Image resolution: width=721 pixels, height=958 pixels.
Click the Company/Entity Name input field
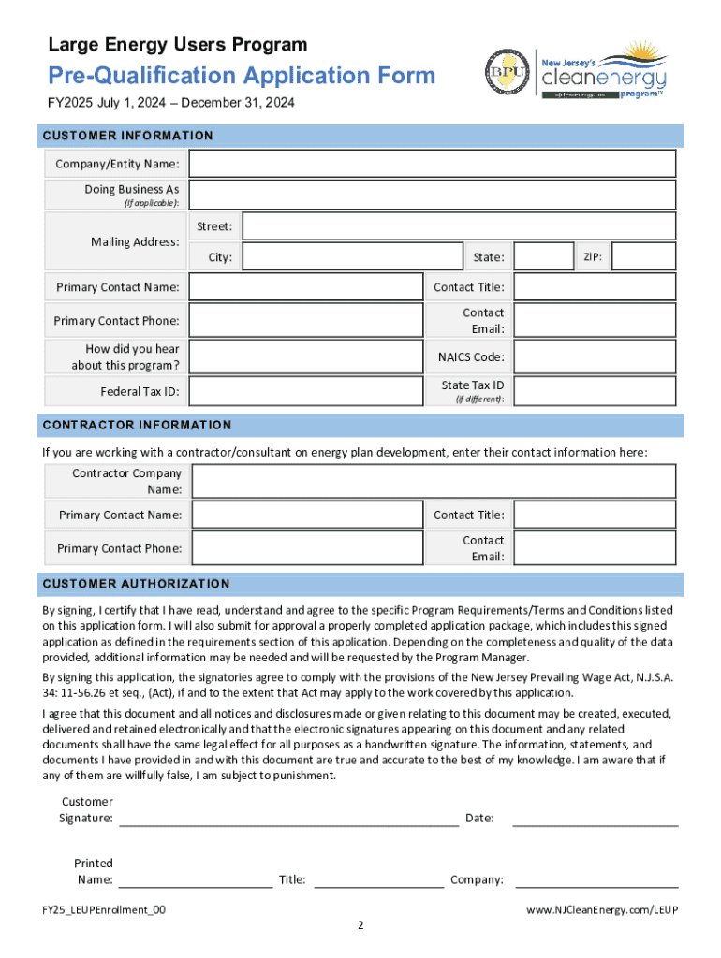pyautogui.click(x=432, y=164)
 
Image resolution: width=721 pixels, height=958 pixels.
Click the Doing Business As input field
pyautogui.click(x=432, y=196)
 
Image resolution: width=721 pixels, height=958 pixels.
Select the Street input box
pyautogui.click(x=458, y=226)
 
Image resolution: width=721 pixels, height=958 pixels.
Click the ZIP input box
pyautogui.click(x=643, y=257)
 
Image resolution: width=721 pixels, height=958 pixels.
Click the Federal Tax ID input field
pyautogui.click(x=305, y=391)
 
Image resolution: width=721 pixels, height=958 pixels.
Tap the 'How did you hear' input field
pyautogui.click(x=305, y=356)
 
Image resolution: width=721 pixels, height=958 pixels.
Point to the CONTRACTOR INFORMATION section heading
pyautogui.click(x=137, y=425)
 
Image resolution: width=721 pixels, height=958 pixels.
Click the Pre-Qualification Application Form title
pyautogui.click(x=242, y=75)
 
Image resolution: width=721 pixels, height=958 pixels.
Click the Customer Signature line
pyautogui.click(x=288, y=820)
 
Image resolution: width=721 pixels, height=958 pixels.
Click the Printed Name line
pyautogui.click(x=195, y=880)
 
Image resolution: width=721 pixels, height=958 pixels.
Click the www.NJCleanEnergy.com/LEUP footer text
pyautogui.click(x=601, y=909)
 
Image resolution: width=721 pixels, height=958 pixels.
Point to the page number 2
pyautogui.click(x=360, y=926)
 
